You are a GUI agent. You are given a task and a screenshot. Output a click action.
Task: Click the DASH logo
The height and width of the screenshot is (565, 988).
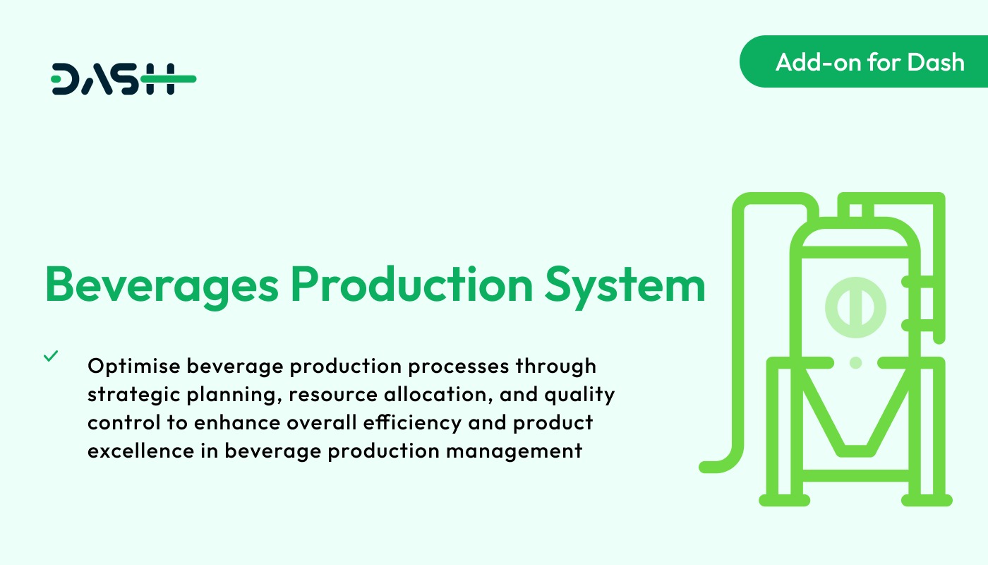coord(123,79)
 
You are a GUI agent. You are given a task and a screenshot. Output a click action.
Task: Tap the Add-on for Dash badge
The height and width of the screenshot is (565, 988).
coord(864,61)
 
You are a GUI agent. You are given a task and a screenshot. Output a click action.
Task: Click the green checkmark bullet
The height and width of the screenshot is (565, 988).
coord(51,356)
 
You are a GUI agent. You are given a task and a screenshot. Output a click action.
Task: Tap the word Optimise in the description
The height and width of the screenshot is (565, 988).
coord(134,367)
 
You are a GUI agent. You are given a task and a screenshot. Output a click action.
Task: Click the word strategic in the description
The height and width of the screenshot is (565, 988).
coord(133,395)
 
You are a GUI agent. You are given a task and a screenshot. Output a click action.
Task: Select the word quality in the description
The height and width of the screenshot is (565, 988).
coord(579,395)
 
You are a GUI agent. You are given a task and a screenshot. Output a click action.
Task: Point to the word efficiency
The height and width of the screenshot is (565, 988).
coord(412,423)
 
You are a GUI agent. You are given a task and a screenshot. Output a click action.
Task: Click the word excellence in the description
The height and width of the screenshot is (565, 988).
coord(140,451)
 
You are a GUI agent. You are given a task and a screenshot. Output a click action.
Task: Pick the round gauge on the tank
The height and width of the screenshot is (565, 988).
coord(855,307)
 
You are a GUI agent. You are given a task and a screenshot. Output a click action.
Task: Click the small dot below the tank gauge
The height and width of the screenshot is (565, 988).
coord(855,363)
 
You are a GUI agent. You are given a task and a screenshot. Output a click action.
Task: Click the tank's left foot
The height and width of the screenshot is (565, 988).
coord(784,500)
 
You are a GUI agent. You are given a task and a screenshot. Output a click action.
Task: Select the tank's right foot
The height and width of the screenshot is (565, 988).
coord(927,500)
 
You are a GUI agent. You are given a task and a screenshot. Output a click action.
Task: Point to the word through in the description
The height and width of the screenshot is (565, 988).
coord(556,367)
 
